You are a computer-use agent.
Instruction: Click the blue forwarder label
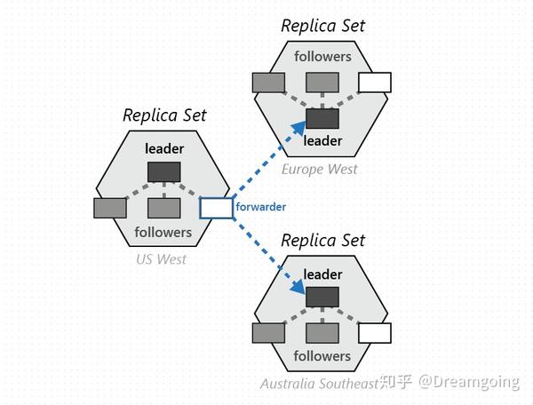tap(260, 207)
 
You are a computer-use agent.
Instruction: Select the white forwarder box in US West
tap(216, 208)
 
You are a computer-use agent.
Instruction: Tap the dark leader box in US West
tap(164, 172)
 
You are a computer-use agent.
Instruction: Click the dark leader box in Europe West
tap(322, 119)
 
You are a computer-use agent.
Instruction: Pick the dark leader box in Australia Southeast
tap(322, 297)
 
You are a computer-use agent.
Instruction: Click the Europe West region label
tap(320, 170)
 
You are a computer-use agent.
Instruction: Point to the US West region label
tap(161, 259)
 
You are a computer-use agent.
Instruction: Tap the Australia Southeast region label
tap(320, 384)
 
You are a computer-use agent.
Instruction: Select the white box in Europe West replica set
tap(375, 83)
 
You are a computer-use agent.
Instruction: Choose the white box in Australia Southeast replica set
tap(375, 333)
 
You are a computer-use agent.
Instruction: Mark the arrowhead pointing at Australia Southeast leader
tap(298, 287)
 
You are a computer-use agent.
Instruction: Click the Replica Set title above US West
tap(164, 115)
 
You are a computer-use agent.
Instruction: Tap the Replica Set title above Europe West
tap(323, 26)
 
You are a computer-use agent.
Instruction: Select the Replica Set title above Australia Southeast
tap(323, 241)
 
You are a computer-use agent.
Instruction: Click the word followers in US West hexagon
tap(163, 233)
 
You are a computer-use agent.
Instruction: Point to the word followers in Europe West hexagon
tap(322, 57)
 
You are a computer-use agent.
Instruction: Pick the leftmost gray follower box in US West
tap(110, 208)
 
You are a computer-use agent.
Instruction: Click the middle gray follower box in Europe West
tap(322, 83)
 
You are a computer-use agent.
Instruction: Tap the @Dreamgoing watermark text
tap(469, 382)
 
